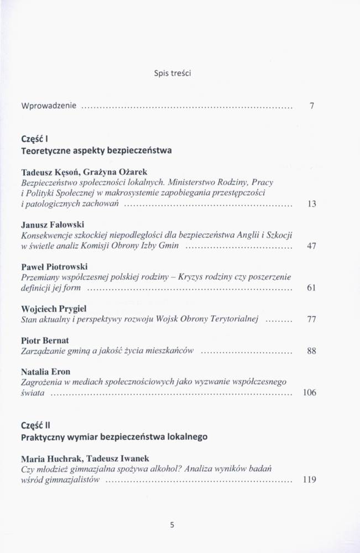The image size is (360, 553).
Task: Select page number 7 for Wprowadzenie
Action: click(312, 106)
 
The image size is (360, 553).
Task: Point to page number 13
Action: click(311, 204)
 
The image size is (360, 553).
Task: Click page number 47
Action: click(311, 246)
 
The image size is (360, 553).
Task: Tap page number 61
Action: click(311, 288)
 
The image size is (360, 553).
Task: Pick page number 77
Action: click(311, 319)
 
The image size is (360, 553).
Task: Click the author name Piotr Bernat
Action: click(44, 340)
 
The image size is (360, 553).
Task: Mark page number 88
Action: click(311, 351)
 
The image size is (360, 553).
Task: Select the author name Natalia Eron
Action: click(45, 372)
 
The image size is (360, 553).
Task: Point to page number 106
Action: click(310, 393)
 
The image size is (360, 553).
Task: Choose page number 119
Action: click(310, 479)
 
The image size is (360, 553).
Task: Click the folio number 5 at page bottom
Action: click(173, 525)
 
